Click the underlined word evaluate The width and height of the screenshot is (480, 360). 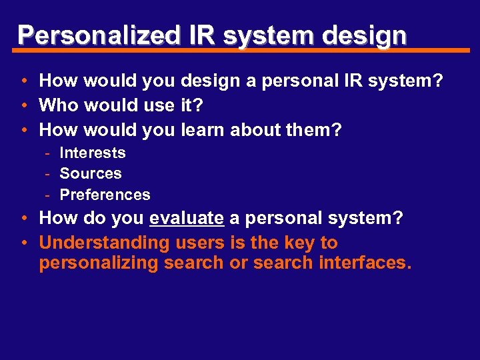coord(187,219)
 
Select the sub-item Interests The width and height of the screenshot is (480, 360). coord(93,153)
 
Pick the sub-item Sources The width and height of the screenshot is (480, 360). coord(91,173)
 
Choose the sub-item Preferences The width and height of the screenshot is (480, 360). coord(105,195)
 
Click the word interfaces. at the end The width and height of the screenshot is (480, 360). coord(365,263)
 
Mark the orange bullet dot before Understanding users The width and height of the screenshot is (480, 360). coord(23,243)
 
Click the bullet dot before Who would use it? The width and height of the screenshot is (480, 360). coord(23,105)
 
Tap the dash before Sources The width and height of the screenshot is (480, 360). coord(49,173)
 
